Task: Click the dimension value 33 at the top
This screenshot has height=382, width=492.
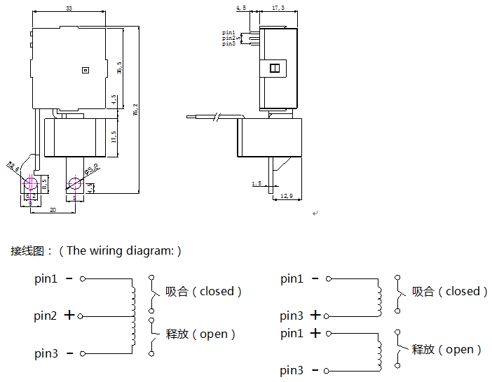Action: (69, 8)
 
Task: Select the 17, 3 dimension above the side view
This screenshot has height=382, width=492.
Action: (278, 8)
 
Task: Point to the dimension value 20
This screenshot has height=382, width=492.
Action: (53, 210)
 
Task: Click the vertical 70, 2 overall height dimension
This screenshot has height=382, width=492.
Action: (135, 109)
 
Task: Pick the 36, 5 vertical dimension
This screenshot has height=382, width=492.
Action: (120, 68)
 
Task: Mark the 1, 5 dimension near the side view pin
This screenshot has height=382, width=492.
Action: (257, 184)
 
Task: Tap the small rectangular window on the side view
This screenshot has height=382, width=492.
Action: (275, 68)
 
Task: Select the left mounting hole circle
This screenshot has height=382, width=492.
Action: (31, 184)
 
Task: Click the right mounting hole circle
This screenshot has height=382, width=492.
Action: (74, 184)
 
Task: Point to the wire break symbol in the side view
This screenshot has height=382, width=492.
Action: (219, 117)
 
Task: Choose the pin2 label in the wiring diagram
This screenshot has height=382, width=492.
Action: (46, 316)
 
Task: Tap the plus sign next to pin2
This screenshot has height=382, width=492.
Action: (69, 316)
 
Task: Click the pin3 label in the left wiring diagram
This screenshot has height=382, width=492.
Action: (46, 354)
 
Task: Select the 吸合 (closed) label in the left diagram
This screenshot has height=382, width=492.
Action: (204, 291)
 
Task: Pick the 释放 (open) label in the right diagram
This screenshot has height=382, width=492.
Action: (447, 349)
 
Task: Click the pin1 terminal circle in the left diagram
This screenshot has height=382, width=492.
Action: (83, 279)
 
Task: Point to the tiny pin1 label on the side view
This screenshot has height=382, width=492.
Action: (229, 32)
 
